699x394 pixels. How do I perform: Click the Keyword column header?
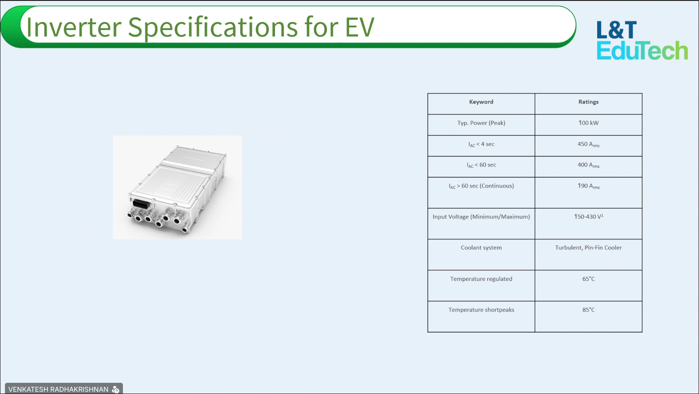481,102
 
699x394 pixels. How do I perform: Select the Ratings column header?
588,102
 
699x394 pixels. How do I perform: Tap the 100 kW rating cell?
588,123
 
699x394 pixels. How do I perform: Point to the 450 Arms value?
588,144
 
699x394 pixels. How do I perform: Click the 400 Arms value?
588,165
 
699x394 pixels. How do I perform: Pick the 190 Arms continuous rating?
588,186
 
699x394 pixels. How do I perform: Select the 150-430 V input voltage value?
588,216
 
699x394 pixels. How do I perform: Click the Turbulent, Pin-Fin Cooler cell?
588,248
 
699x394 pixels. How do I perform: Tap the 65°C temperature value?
588,279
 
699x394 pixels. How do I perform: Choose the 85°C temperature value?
588,310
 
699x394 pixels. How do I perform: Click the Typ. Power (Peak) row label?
481,123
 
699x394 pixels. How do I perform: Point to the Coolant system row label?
481,248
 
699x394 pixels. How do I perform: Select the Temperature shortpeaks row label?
481,310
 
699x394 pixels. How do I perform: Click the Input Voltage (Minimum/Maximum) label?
481,217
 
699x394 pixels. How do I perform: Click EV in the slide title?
359,27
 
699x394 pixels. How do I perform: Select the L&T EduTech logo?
642,40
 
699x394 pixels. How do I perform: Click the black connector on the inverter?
141,204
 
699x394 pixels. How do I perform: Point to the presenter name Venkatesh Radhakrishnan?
58,390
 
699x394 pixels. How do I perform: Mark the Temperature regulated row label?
481,279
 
